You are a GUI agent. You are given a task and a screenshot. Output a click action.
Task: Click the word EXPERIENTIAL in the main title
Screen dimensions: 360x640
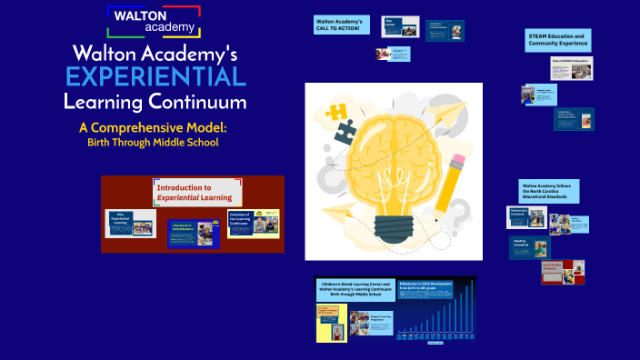tap(155, 75)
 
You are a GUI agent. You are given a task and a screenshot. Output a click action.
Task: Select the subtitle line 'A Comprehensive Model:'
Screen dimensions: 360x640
tap(152, 127)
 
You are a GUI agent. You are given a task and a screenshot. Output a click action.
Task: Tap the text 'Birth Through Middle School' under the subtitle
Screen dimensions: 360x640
tap(152, 143)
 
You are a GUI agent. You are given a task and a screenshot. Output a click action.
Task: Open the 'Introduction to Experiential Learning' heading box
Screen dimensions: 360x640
tap(193, 192)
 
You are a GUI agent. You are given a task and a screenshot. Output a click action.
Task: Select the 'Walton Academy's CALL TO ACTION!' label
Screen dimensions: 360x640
tap(339, 25)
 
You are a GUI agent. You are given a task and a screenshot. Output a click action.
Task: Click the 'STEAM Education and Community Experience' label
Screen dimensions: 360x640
tap(558, 40)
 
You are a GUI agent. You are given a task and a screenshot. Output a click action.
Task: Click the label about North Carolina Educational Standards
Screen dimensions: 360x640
tap(549, 190)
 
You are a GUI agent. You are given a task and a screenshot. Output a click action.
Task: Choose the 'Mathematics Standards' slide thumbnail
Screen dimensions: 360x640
tap(525, 217)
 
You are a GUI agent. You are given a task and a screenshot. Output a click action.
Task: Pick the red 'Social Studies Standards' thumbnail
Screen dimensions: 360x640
tap(562, 272)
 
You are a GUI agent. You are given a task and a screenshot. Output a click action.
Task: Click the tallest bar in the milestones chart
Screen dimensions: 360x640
tap(470, 309)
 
